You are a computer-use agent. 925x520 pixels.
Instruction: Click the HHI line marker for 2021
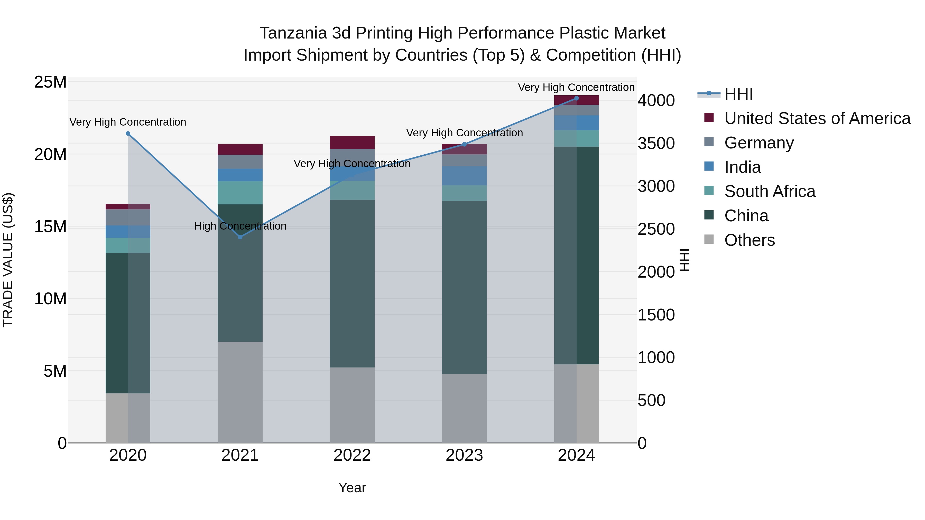point(240,237)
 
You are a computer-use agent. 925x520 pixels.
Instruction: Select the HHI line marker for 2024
point(576,98)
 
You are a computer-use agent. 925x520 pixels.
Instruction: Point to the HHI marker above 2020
point(128,134)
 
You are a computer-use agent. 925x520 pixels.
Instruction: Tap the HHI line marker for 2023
point(464,144)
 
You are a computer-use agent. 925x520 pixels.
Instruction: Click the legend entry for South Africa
point(770,191)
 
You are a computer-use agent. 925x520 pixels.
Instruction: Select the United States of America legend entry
point(817,118)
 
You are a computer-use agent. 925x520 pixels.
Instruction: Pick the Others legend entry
point(750,240)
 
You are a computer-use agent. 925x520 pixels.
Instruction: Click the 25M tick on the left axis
point(50,82)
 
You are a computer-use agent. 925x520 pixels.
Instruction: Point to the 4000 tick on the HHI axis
point(656,100)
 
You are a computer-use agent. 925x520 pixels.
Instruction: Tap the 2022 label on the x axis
point(352,455)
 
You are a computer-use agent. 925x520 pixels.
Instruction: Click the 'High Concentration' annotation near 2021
point(240,226)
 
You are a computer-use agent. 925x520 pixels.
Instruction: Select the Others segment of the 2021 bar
point(240,392)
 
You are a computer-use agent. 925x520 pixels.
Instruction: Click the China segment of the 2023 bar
point(464,287)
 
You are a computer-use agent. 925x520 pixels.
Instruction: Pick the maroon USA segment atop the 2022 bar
point(352,143)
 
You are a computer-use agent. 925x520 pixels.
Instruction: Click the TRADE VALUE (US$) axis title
point(8,260)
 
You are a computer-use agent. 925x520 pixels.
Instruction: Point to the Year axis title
point(352,488)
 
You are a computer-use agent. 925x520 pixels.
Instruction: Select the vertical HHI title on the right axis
point(685,260)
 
